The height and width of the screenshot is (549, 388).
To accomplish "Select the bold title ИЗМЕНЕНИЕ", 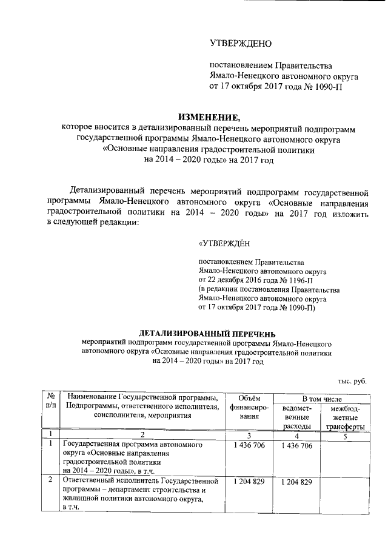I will pos(209,117).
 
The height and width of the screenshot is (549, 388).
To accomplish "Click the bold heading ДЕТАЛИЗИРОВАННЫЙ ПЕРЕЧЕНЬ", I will pos(207,333).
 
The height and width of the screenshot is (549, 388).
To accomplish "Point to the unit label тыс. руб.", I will pos(352,380).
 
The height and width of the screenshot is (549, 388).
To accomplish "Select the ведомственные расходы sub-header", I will pos(297,417).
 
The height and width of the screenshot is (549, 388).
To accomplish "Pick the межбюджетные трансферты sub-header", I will pos(344,417).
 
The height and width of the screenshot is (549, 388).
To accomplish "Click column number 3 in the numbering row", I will pos(249,434).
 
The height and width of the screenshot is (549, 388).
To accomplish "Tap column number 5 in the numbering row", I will pos(344,434).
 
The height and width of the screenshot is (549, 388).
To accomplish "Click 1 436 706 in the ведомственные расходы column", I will pos(297,446).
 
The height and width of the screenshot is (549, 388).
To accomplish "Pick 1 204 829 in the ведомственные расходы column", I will pos(297,482).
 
